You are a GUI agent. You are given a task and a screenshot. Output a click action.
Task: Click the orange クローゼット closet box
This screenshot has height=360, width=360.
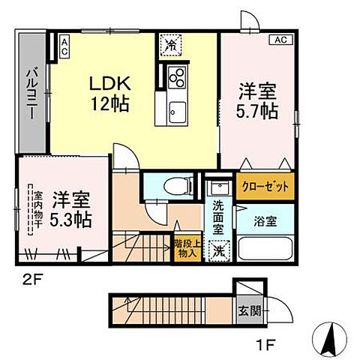[x=264, y=184]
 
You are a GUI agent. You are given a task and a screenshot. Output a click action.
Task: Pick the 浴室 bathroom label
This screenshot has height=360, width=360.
[x=264, y=222]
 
